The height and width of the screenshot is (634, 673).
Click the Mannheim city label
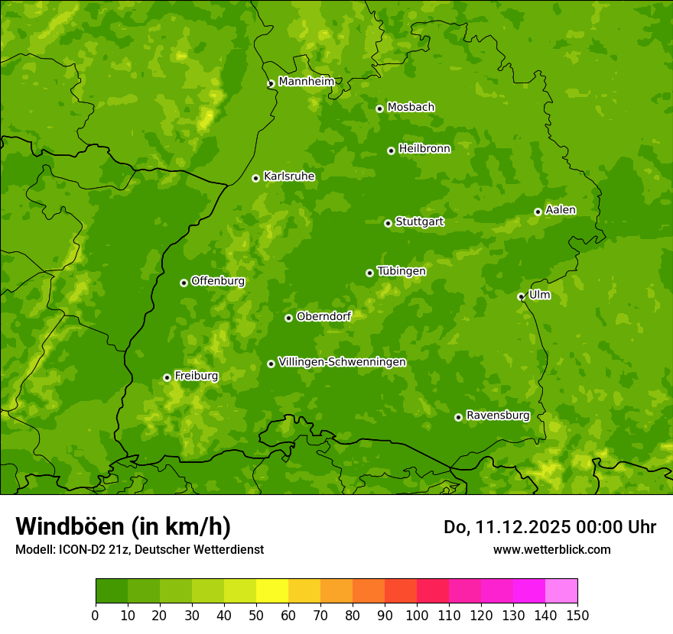[306, 82]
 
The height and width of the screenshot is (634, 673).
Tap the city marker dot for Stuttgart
[388, 223]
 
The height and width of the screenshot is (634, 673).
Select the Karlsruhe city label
[289, 176]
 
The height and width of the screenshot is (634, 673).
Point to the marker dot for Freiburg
[167, 377]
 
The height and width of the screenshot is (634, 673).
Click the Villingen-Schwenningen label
[342, 362]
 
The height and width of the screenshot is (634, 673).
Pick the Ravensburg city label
[498, 416]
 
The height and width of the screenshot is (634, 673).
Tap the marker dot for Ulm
[521, 296]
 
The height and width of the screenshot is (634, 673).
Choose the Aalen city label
[561, 210]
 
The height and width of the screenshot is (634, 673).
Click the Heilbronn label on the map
[424, 149]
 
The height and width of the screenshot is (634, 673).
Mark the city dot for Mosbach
[379, 108]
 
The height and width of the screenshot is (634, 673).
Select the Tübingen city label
[402, 271]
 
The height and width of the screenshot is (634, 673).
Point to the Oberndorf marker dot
[288, 318]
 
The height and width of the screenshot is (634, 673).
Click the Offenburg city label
[218, 281]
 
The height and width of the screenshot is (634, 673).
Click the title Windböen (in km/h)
[123, 526]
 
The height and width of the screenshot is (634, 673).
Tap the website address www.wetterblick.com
[551, 549]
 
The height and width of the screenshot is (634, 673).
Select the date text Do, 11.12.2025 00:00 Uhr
[550, 527]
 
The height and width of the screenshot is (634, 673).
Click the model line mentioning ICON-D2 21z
[139, 549]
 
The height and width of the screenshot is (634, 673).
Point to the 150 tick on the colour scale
[577, 615]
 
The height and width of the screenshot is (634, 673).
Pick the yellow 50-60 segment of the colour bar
[272, 591]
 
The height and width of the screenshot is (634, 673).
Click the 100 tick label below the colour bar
[417, 615]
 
